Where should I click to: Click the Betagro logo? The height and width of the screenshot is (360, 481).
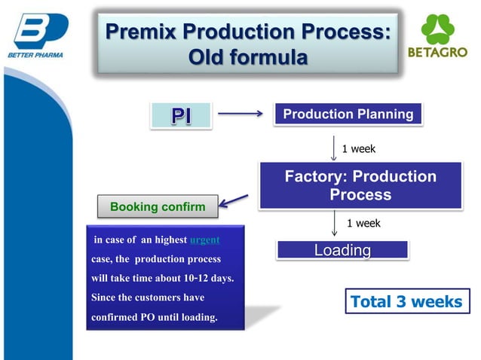pyautogui.click(x=437, y=38)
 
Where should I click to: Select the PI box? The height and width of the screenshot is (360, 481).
pyautogui.click(x=180, y=115)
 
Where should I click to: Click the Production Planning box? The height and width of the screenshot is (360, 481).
pyautogui.click(x=348, y=114)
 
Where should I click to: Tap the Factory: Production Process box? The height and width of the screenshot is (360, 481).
pyautogui.click(x=360, y=185)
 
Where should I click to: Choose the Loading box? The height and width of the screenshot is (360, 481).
pyautogui.click(x=342, y=250)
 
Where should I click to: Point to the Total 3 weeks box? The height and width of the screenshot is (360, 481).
pyautogui.click(x=406, y=302)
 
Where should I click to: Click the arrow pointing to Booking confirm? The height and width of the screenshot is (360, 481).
pyautogui.click(x=235, y=200)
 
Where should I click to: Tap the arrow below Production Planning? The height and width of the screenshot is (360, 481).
pyautogui.click(x=334, y=148)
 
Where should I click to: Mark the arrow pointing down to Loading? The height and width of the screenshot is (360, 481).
pyautogui.click(x=334, y=224)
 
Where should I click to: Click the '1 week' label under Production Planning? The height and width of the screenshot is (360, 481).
pyautogui.click(x=359, y=149)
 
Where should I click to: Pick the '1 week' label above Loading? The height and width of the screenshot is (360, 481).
pyautogui.click(x=363, y=223)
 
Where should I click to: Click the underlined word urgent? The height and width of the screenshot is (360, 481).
pyautogui.click(x=204, y=240)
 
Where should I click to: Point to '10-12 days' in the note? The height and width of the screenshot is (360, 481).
pyautogui.click(x=210, y=279)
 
